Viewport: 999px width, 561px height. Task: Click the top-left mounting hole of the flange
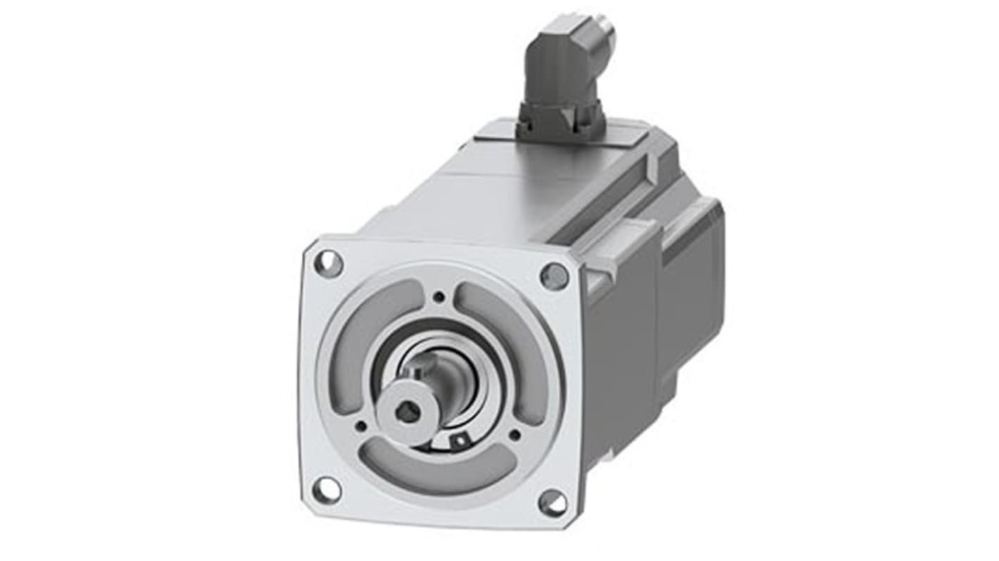coord(329,264)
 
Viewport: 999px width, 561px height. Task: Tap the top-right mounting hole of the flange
coord(554,276)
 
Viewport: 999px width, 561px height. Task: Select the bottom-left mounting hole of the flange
coord(326,490)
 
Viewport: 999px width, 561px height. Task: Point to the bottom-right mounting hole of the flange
coord(553,503)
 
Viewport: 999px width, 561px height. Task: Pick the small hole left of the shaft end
coord(362,425)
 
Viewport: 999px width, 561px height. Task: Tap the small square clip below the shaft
coord(459,441)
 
